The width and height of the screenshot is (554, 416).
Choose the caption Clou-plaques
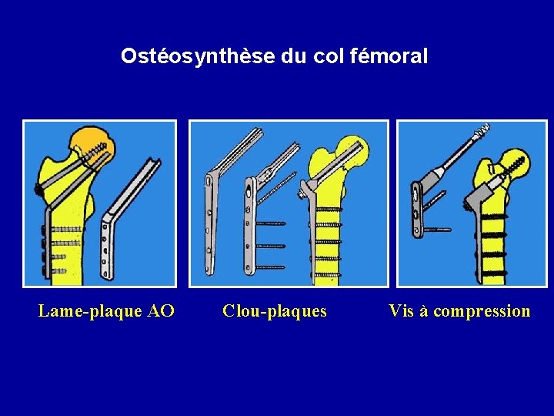(275, 311)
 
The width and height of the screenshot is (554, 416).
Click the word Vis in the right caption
(402, 311)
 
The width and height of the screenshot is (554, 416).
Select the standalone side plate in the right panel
(416, 209)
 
